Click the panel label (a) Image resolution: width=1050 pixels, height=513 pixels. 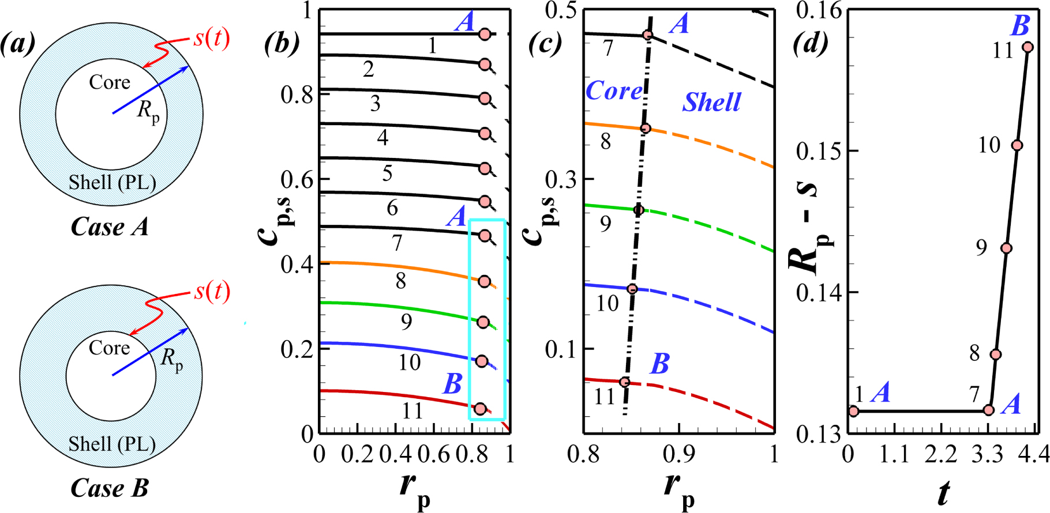click(x=18, y=44)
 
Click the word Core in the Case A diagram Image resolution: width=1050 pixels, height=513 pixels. click(x=110, y=82)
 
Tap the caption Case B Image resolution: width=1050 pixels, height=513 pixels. click(x=110, y=488)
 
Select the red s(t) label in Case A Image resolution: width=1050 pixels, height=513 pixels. click(x=212, y=38)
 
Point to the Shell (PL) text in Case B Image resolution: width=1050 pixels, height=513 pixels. click(x=112, y=444)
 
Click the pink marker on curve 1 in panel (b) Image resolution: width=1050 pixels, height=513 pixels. click(x=485, y=34)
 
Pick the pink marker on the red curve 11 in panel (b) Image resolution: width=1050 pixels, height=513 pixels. click(x=480, y=409)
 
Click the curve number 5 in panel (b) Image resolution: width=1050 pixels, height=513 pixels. click(x=387, y=172)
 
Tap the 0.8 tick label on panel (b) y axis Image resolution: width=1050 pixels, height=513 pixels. click(x=297, y=95)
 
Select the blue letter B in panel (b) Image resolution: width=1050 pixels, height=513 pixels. click(x=452, y=383)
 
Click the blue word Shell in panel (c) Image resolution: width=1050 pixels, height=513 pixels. click(x=711, y=102)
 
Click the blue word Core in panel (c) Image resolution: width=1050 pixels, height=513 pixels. click(x=613, y=90)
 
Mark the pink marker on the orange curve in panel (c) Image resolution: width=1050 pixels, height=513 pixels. click(x=646, y=129)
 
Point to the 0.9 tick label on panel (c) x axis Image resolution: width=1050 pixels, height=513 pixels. click(x=678, y=455)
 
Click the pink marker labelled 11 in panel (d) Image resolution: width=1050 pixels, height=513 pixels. click(x=1027, y=47)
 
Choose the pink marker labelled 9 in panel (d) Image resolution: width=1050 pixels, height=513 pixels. click(x=1006, y=248)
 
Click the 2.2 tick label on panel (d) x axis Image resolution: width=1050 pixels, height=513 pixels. click(x=941, y=455)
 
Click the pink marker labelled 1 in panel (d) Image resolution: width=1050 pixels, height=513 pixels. click(x=853, y=411)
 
